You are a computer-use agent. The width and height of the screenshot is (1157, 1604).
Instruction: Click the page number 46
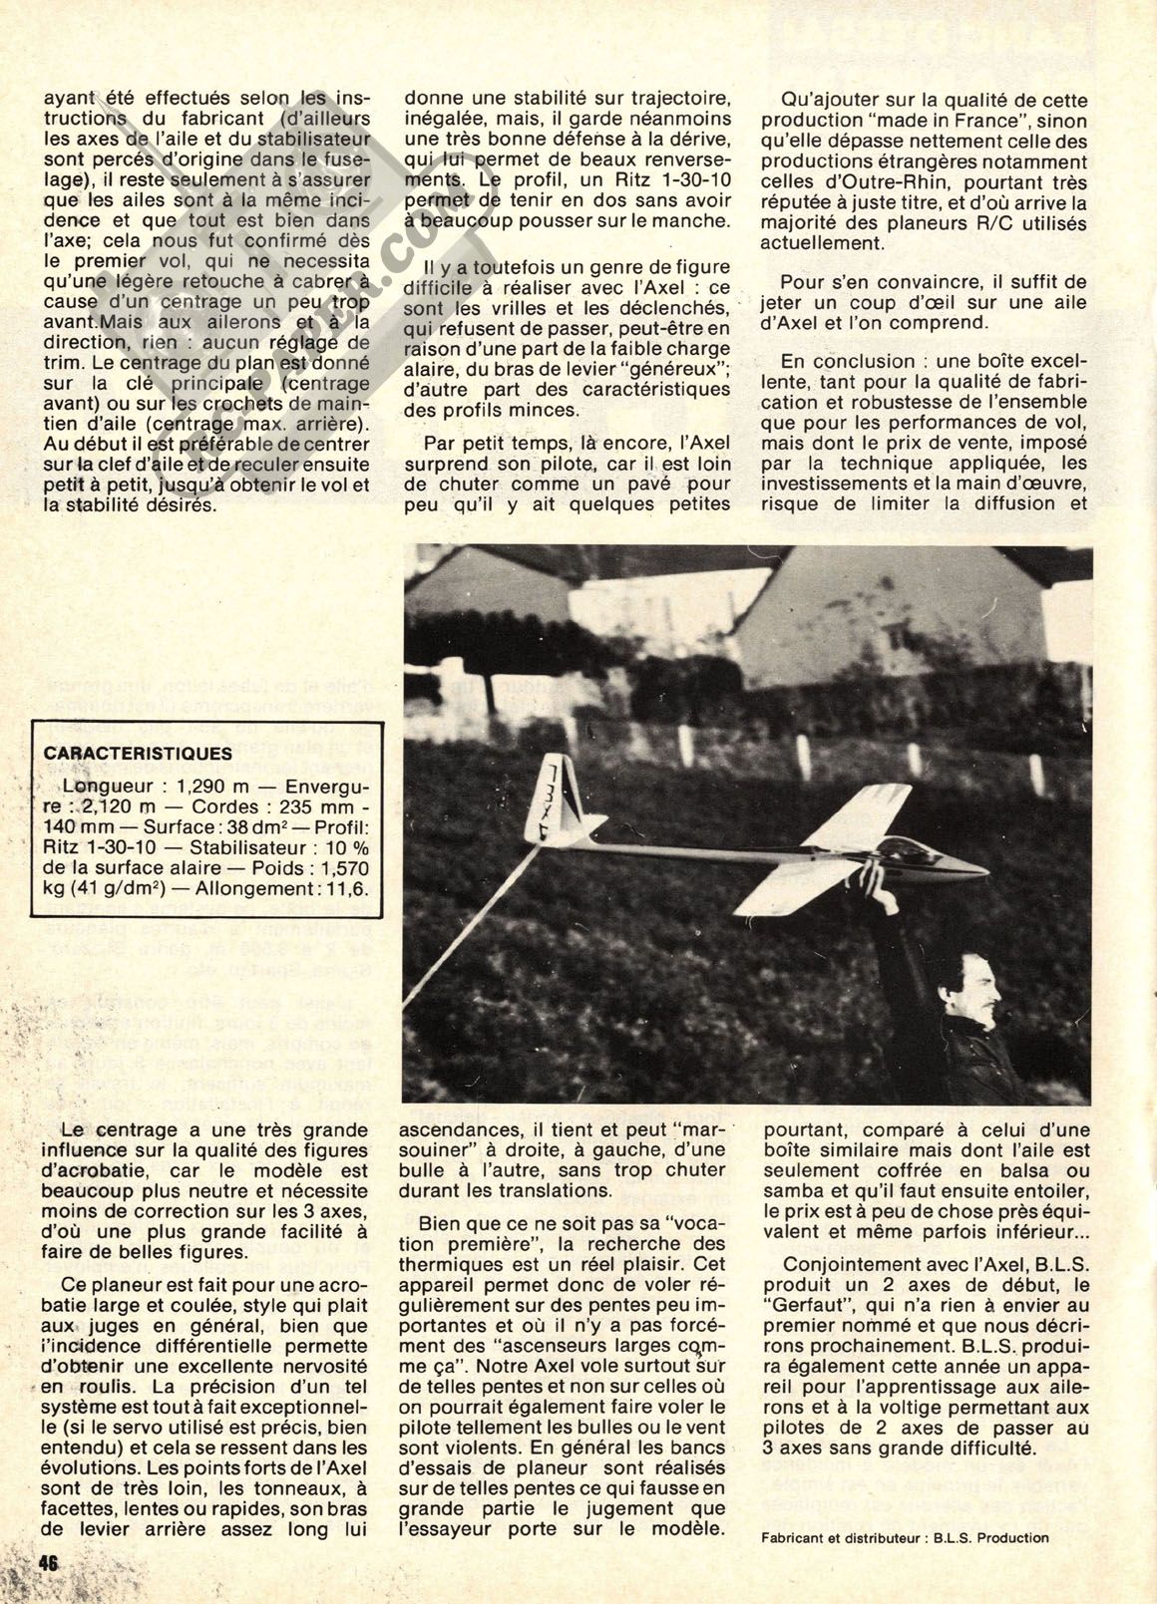48,1562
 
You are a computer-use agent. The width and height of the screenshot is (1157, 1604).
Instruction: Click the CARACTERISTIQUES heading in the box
138,754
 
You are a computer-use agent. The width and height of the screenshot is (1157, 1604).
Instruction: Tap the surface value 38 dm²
257,827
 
